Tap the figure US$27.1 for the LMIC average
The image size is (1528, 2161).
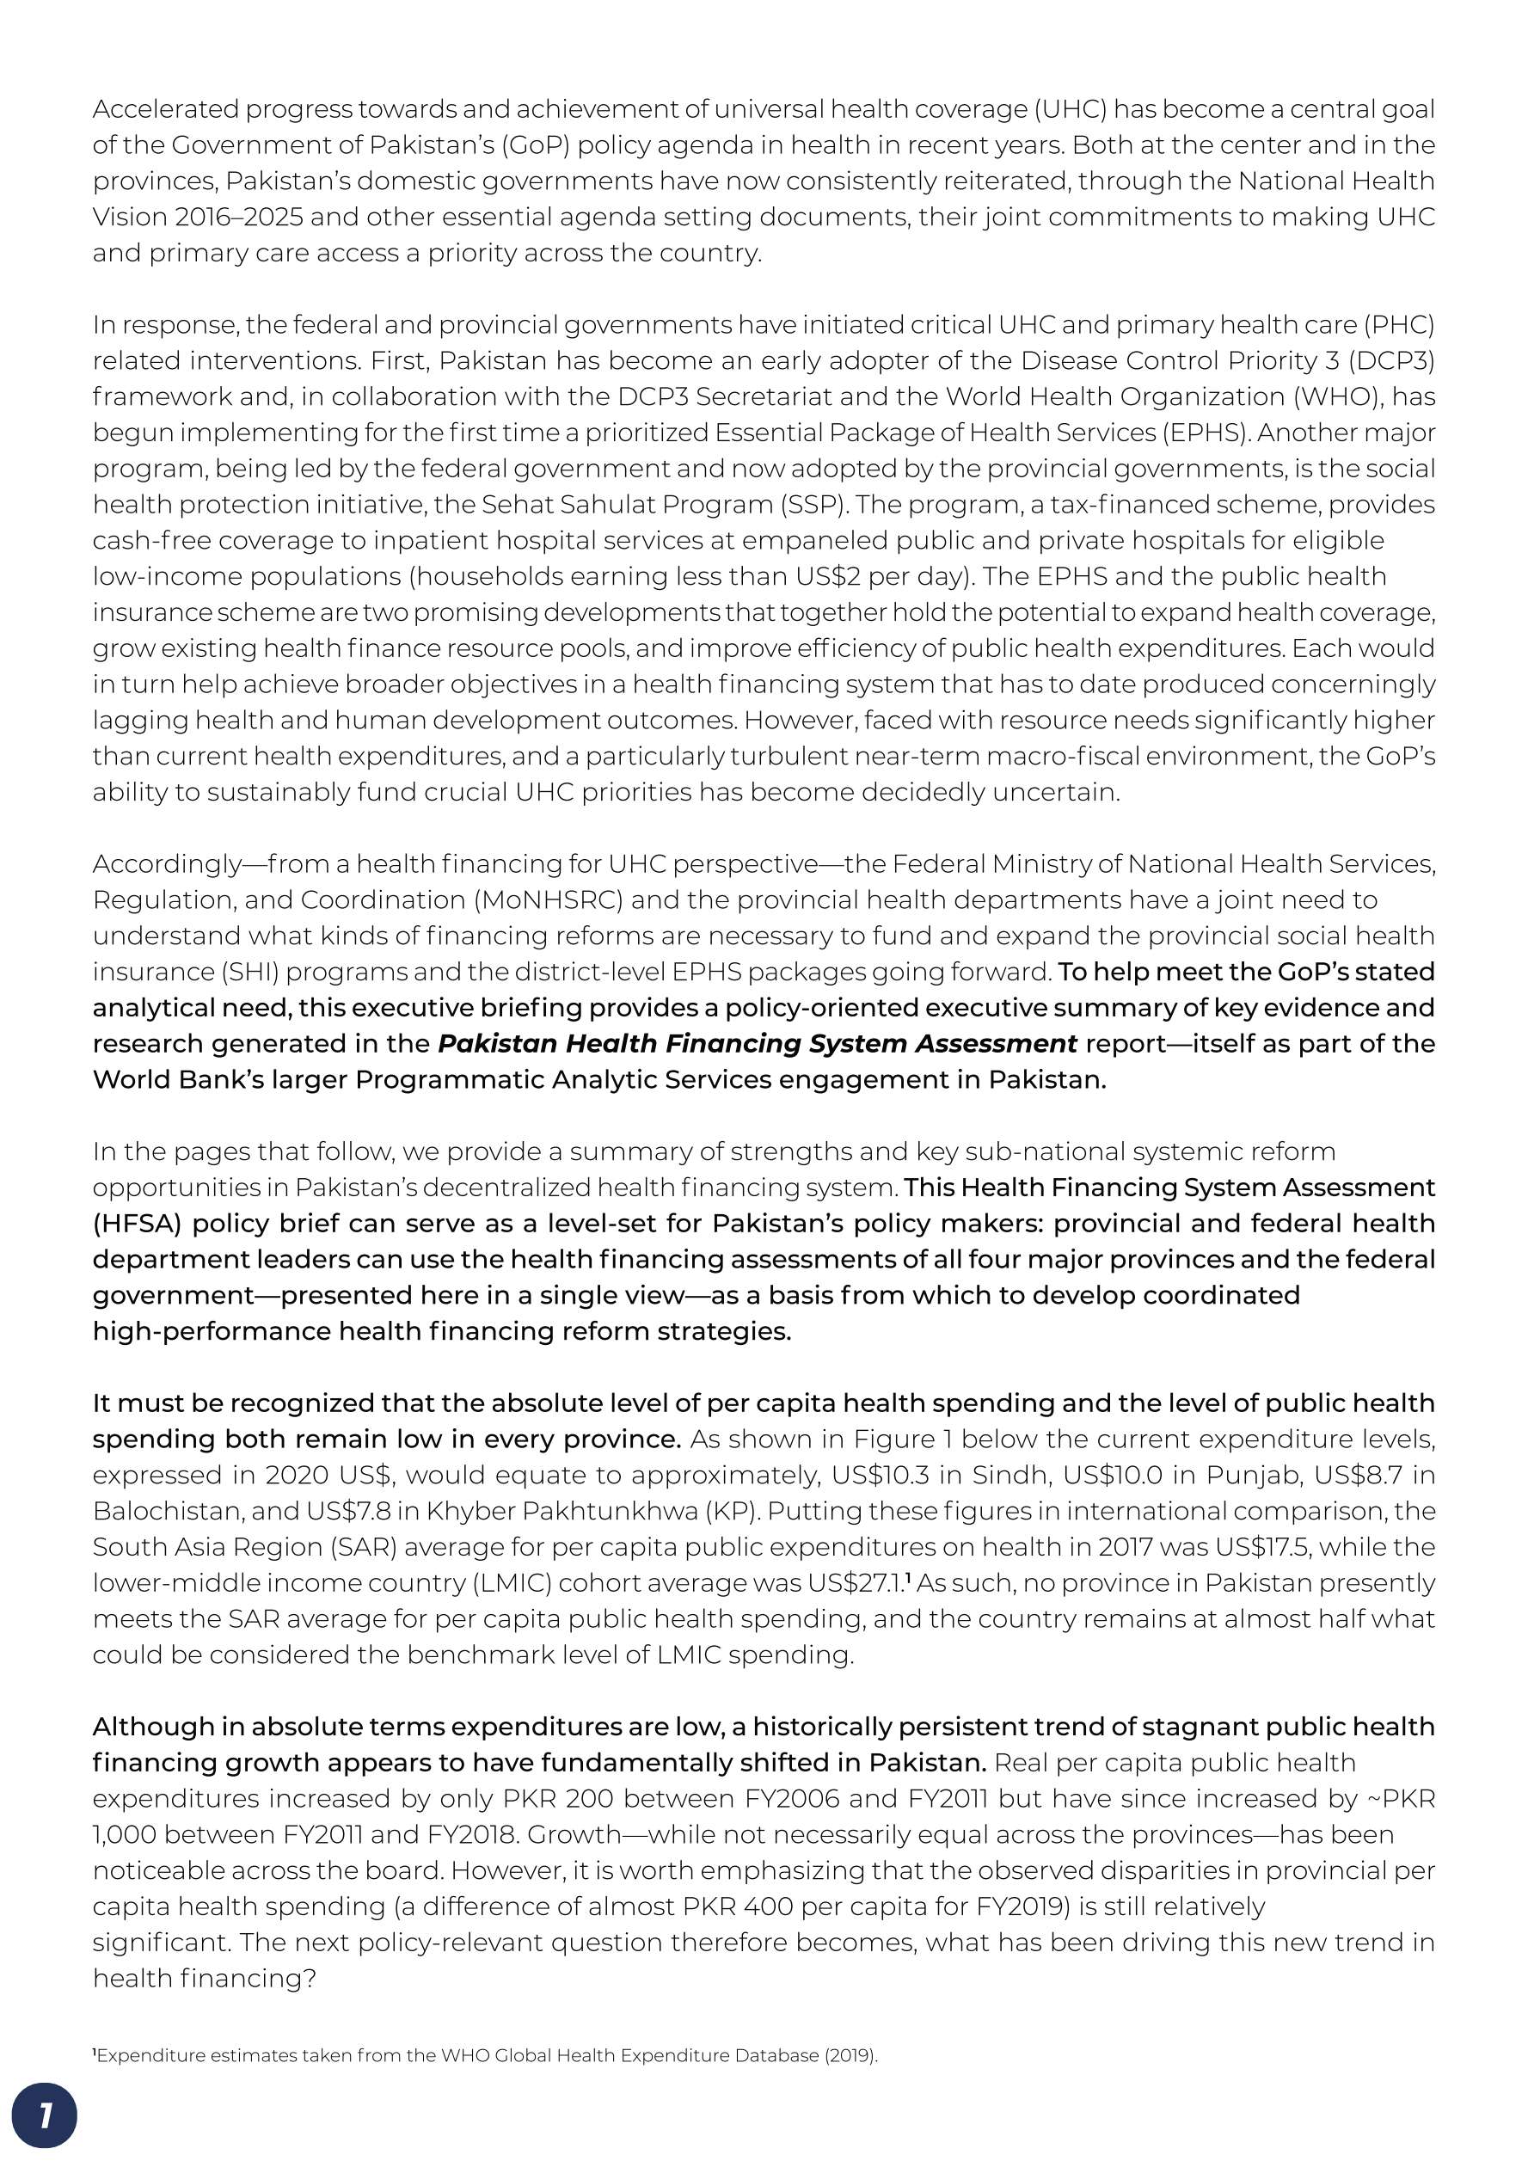click(856, 1582)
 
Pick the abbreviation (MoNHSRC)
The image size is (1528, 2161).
click(549, 899)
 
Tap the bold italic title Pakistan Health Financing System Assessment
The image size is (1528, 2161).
click(758, 1044)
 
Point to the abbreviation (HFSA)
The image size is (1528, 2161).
click(138, 1224)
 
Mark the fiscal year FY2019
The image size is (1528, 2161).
click(1021, 1906)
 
